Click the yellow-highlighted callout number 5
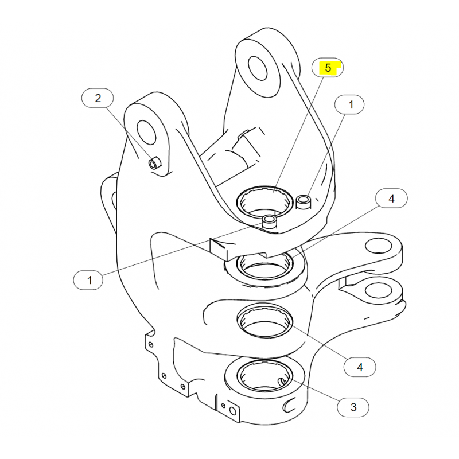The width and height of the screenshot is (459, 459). (x=328, y=68)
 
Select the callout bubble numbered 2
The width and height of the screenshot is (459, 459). (x=98, y=98)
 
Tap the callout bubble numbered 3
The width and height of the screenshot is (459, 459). (x=353, y=407)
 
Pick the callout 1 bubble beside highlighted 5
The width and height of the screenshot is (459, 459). (x=349, y=104)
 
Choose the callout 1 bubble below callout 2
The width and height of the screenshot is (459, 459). (x=88, y=280)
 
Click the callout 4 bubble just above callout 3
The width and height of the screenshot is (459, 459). (x=360, y=367)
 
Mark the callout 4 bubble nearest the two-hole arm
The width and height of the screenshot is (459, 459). (x=391, y=199)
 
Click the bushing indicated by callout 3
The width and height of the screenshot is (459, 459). (x=264, y=376)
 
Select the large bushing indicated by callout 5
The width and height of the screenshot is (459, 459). (x=264, y=203)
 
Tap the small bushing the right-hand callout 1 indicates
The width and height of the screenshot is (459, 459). (x=304, y=202)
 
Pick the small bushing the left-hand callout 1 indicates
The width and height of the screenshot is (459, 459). (x=269, y=222)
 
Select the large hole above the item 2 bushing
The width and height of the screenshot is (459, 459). (x=147, y=133)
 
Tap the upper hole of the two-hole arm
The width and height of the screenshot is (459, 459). (x=379, y=245)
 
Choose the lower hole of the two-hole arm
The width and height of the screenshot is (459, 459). (x=379, y=290)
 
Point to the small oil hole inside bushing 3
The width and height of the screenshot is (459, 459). (x=283, y=381)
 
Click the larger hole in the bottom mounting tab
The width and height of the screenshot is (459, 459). (x=233, y=411)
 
